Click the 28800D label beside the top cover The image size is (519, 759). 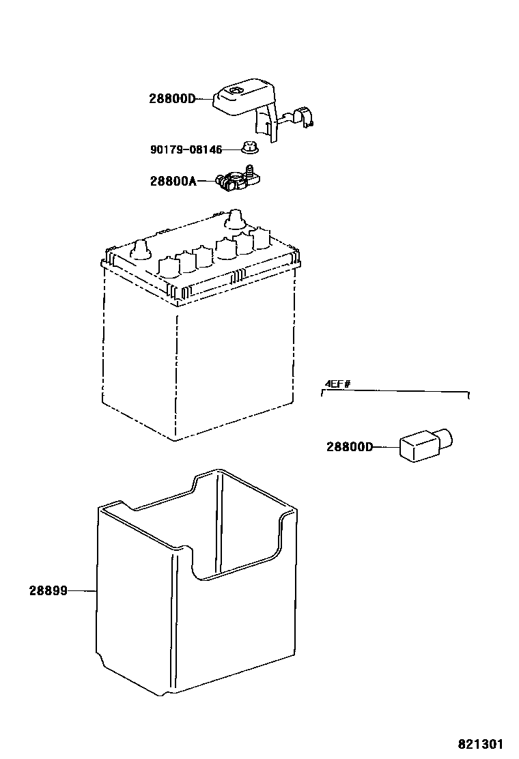pos(171,99)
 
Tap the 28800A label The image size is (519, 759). pos(173,181)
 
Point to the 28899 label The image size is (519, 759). pos(48,591)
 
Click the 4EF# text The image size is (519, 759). pos(337,384)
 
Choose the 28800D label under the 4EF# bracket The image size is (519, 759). pos(350,448)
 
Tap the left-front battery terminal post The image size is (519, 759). pos(141,250)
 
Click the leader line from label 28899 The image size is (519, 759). pos(83,591)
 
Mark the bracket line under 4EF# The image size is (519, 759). pos(396,392)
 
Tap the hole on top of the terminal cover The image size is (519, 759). pos(237,91)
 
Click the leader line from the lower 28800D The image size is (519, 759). pos(385,448)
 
